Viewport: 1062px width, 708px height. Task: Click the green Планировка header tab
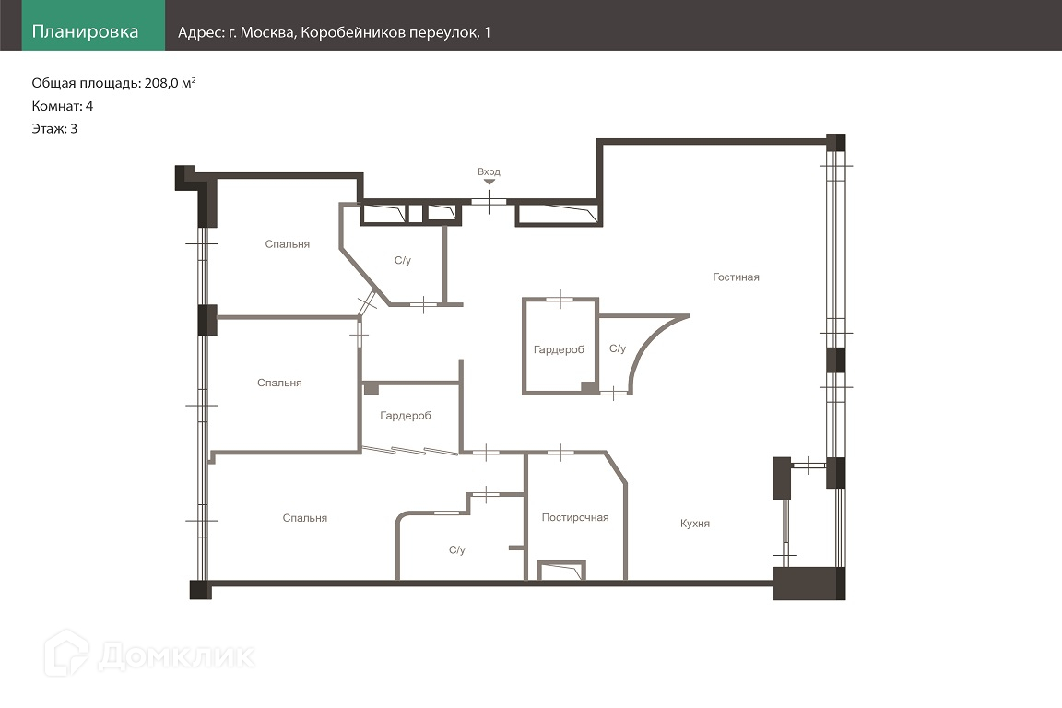[93, 25]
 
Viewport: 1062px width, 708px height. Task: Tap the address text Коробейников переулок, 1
[395, 32]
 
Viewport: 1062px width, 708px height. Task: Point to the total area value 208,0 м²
[170, 83]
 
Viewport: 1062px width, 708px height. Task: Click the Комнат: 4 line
[63, 106]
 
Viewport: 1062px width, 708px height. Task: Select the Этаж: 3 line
[54, 129]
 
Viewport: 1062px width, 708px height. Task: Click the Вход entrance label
[489, 171]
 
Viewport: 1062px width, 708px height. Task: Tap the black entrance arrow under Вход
[489, 182]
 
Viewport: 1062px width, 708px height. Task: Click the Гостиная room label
[736, 277]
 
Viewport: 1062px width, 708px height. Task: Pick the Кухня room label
[695, 523]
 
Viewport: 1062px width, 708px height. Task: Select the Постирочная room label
[575, 517]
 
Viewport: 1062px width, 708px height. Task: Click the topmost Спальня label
[288, 244]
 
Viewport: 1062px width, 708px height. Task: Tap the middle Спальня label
[279, 383]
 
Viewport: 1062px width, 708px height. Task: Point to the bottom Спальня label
[305, 518]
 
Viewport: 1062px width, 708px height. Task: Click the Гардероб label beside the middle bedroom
[405, 416]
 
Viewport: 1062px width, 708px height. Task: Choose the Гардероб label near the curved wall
[559, 349]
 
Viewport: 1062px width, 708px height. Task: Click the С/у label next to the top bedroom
[402, 260]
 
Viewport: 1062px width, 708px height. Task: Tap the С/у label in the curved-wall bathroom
[617, 348]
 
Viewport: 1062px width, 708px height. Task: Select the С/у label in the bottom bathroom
[456, 549]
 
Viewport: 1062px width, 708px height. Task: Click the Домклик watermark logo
[149, 654]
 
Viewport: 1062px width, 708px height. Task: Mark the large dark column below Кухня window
[809, 584]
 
